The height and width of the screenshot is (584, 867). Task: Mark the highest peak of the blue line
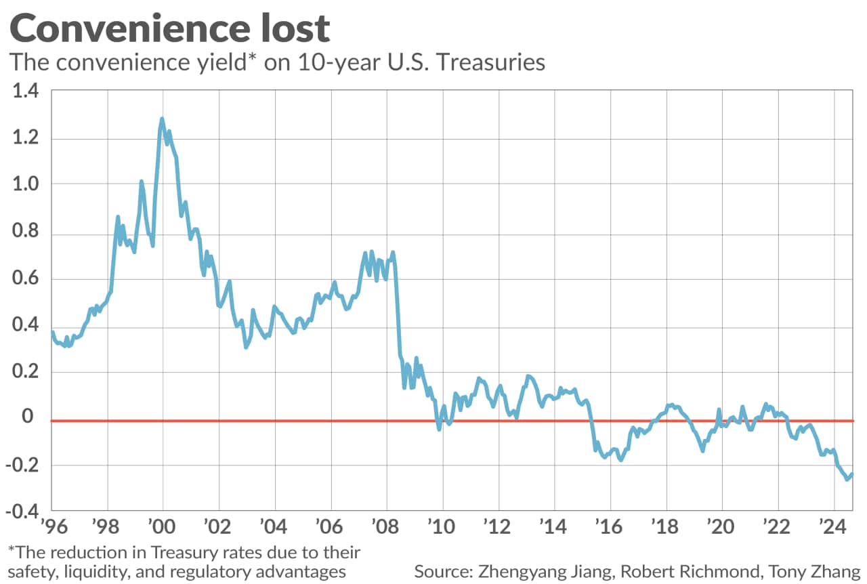tap(162, 119)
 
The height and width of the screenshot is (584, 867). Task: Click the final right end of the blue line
tap(851, 475)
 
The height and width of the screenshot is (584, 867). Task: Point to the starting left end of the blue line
tap(52, 332)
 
